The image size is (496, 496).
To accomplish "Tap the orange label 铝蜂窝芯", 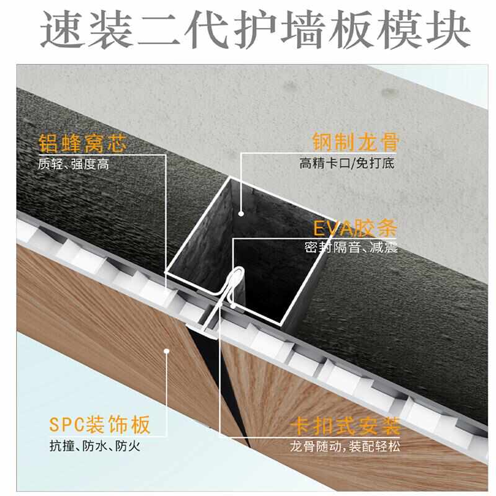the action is click(x=82, y=144).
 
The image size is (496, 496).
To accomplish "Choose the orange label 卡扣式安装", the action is click(x=345, y=427).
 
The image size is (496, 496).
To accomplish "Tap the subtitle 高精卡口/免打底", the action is click(x=347, y=164).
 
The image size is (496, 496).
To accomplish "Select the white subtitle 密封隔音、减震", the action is click(x=351, y=248).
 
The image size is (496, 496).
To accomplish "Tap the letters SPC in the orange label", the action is click(x=69, y=427).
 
